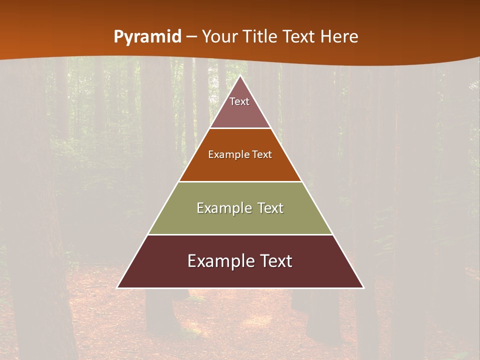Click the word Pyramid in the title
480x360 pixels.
(147, 37)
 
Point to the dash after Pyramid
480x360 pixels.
(191, 37)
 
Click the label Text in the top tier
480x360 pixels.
(239, 101)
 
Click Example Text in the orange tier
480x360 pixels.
(240, 154)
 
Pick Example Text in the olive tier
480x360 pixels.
(240, 208)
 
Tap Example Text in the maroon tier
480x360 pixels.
(240, 261)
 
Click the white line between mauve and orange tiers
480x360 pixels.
(240, 128)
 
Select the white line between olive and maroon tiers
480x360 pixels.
(240, 234)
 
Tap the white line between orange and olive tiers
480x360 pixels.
(240, 181)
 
